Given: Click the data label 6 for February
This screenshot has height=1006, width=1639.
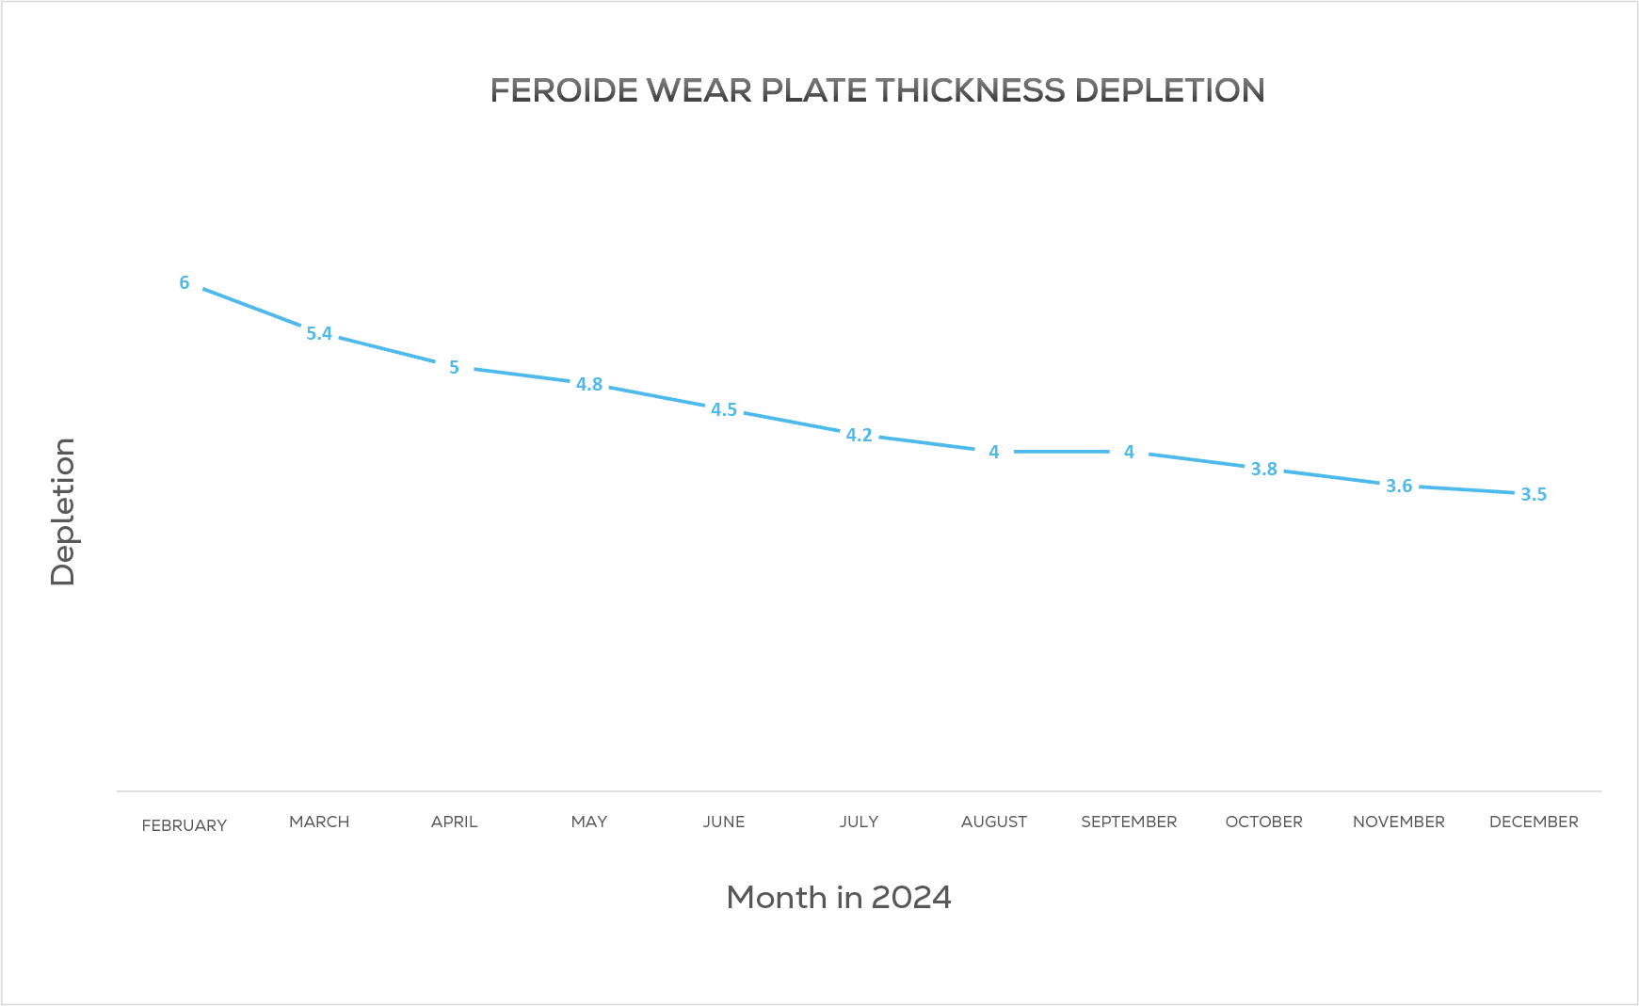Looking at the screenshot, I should (x=185, y=282).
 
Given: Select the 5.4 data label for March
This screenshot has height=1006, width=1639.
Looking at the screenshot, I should (x=319, y=333).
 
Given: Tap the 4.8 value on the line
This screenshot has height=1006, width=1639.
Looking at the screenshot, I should (x=589, y=384).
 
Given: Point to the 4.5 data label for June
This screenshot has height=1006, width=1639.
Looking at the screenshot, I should (x=724, y=409).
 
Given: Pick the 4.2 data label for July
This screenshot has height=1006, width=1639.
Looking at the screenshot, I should (x=859, y=435).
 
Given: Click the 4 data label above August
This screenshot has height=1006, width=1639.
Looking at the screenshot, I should (x=994, y=452).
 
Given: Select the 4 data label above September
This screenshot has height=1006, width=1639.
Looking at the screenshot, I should (x=1129, y=452).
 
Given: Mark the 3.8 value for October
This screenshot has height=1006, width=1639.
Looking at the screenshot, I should (x=1263, y=469).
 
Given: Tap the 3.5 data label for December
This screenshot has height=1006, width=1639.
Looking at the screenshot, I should (x=1534, y=494).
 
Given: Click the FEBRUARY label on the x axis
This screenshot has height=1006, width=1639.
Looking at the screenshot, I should (x=185, y=825).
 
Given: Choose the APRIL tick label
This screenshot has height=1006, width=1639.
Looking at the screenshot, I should (x=454, y=822).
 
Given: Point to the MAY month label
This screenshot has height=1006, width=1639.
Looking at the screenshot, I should (x=589, y=822).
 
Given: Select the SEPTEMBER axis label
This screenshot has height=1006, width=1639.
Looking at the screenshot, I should (x=1129, y=822).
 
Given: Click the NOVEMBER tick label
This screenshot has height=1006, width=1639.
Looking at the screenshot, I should (x=1398, y=822).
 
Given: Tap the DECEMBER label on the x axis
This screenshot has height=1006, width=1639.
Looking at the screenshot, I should (x=1534, y=822).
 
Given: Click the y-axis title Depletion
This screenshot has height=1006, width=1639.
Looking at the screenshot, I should (x=63, y=512).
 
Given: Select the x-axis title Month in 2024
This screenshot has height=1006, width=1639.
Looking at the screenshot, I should (x=839, y=897).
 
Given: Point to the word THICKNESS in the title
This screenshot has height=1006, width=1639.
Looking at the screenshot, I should (x=971, y=90).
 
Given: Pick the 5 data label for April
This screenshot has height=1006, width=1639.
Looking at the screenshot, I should (x=454, y=367).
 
